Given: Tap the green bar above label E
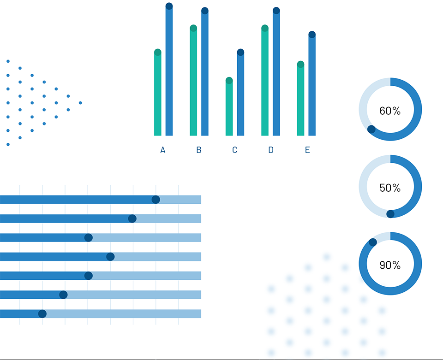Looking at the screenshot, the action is (x=300, y=98).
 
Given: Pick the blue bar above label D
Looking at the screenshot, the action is (x=276, y=71).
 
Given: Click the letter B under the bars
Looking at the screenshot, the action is (x=199, y=150).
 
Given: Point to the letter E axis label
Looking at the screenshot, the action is (x=307, y=150).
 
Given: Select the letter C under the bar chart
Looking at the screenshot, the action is (x=235, y=150).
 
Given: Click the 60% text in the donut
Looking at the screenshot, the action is (x=390, y=111).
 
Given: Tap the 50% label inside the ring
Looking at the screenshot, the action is (x=390, y=188).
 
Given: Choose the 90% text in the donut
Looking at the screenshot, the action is (x=390, y=265).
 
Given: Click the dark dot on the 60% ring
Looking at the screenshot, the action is (x=371, y=129).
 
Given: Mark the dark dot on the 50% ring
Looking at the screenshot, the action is (x=390, y=214).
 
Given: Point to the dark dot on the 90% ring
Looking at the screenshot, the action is (x=373, y=242).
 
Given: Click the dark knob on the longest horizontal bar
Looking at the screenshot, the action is (x=156, y=200).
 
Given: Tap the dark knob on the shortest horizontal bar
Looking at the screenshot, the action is (x=42, y=314).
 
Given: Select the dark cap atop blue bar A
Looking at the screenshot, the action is (x=169, y=6).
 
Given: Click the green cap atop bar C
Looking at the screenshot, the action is (x=229, y=80).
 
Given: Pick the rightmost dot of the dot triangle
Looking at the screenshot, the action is (x=80, y=103).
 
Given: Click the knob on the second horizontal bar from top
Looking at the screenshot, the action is (x=132, y=218).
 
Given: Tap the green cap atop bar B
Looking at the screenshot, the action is (x=193, y=28).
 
